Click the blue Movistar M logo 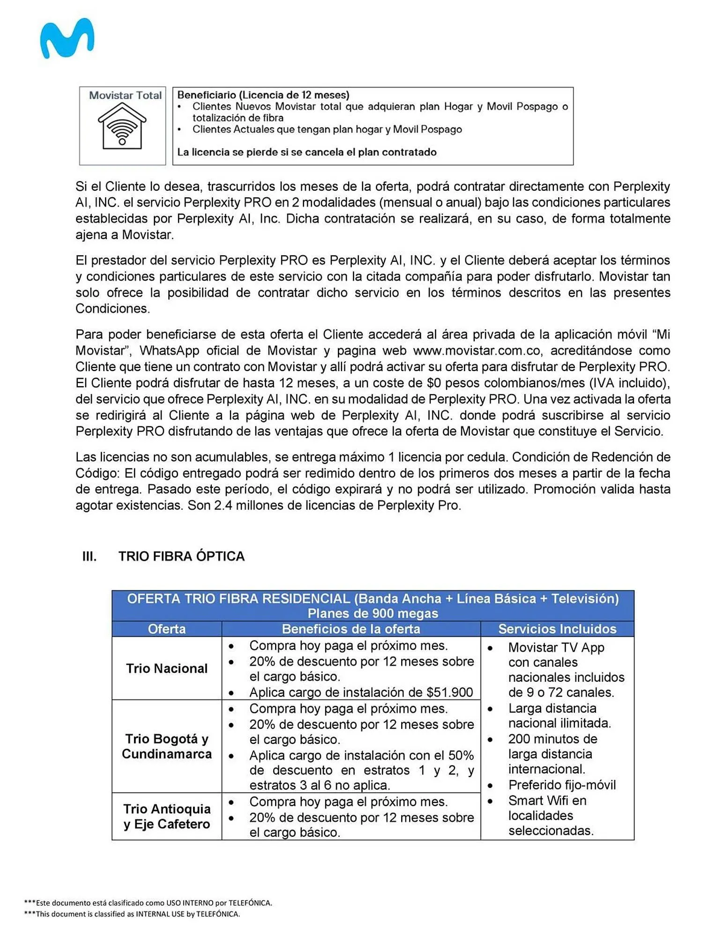point(67,38)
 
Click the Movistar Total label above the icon point(125,95)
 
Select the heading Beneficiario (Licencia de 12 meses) point(263,95)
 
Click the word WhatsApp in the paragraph point(170,350)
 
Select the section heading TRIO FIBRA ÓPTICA point(181,556)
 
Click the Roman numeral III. point(89,556)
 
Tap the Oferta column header point(166,629)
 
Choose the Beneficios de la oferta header point(351,629)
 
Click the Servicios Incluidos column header point(557,629)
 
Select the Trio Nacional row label point(166,668)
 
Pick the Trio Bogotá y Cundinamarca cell point(166,746)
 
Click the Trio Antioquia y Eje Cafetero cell point(166,816)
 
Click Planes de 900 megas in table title point(373,613)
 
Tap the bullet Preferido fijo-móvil point(561,785)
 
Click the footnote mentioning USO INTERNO point(148,903)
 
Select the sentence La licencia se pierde point(306,152)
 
